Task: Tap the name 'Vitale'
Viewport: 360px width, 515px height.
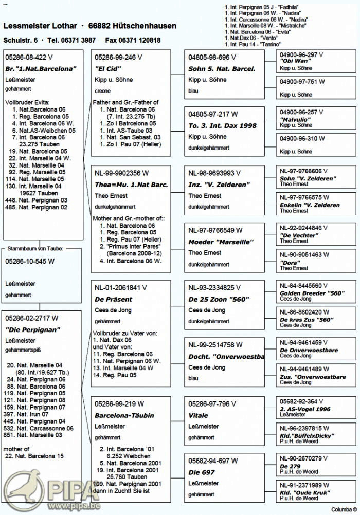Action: (x=199, y=415)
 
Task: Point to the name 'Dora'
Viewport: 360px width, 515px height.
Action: (x=290, y=262)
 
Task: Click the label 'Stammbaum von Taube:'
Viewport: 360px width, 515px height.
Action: (x=35, y=249)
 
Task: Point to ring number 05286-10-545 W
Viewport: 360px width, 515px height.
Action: (x=29, y=261)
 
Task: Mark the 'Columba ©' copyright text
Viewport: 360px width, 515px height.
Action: (x=344, y=509)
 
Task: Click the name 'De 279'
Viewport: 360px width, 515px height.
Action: (x=290, y=466)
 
